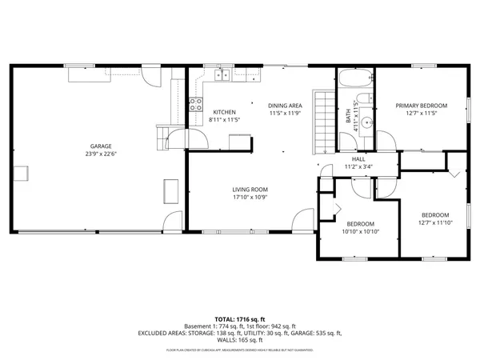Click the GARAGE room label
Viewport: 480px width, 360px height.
[x=100, y=146]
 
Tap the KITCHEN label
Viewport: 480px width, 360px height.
[x=224, y=111]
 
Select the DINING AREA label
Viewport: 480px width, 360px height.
[x=284, y=105]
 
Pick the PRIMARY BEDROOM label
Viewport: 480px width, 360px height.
[x=421, y=105]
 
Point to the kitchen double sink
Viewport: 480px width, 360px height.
[x=221, y=76]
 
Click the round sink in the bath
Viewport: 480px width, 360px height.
[x=366, y=122]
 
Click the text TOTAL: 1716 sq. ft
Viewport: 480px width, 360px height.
[x=240, y=318]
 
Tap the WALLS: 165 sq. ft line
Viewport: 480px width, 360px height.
[x=240, y=340]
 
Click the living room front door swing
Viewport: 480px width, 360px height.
[x=304, y=217]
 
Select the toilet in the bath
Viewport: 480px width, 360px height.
[x=364, y=98]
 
